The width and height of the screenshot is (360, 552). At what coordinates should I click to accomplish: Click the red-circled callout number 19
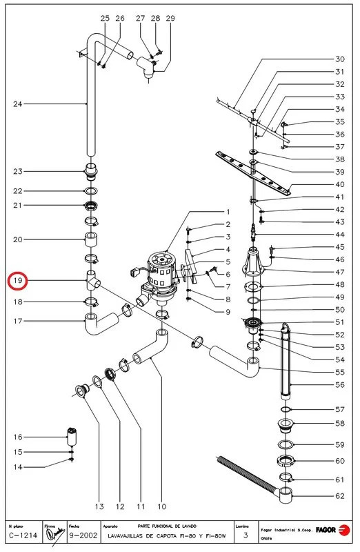coord(19,281)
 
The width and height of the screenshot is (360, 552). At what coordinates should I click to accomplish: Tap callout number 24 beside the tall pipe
coord(19,104)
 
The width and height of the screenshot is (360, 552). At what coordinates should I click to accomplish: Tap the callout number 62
coord(339,495)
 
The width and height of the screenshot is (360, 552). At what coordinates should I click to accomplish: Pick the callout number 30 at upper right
coord(339,59)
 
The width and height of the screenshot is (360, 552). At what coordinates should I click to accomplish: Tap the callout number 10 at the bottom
coord(162,506)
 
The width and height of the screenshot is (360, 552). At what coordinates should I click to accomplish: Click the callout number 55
coord(339,371)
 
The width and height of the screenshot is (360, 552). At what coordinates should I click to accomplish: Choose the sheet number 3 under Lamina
coord(246,535)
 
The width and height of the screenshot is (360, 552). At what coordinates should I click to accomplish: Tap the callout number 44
coord(339,235)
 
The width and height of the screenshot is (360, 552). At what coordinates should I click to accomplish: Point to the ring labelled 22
coord(91,191)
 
